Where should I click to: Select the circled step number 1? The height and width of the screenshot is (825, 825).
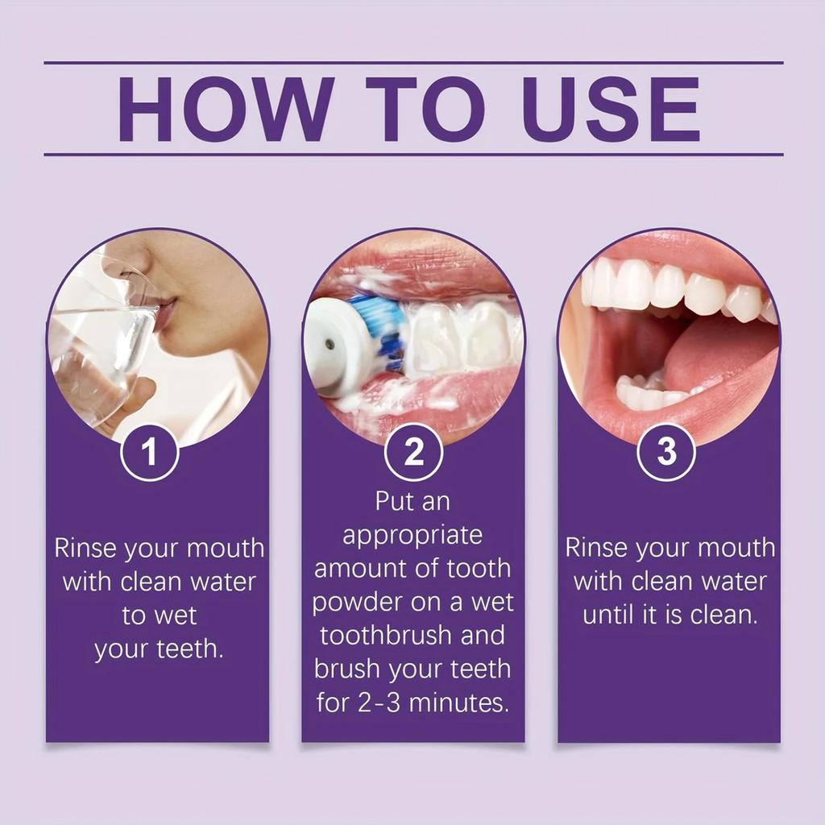tap(149, 453)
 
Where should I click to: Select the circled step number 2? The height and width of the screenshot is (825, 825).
tap(413, 453)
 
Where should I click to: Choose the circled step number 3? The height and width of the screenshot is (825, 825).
tap(666, 453)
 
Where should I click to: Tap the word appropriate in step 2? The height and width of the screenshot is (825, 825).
tap(412, 535)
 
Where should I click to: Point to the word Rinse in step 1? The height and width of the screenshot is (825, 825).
tap(85, 549)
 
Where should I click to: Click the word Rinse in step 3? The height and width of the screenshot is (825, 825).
tap(596, 548)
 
